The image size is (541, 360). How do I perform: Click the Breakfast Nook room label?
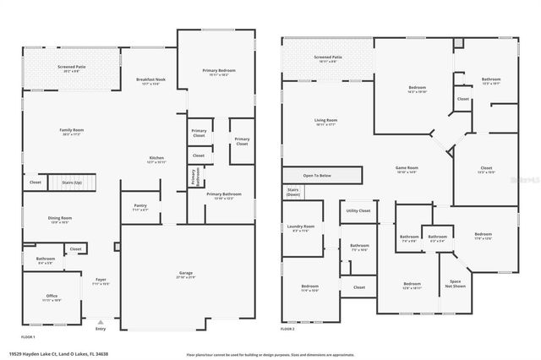click(150, 81)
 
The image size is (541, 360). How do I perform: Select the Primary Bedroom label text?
click(219, 71)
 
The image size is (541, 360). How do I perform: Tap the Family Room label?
click(70, 131)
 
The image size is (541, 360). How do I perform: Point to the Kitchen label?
click(156, 159)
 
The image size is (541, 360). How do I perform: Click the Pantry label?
click(140, 207)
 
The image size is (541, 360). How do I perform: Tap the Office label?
click(52, 297)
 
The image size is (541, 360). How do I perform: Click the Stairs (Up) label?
click(73, 182)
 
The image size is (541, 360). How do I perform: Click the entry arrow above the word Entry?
click(101, 322)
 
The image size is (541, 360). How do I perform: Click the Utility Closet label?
click(358, 210)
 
